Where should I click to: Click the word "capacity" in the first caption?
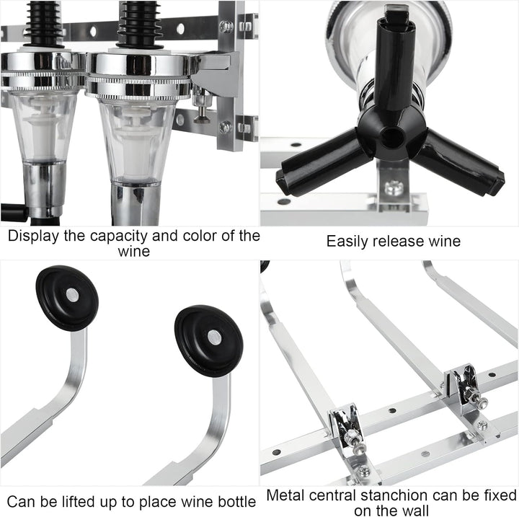(x=119, y=237)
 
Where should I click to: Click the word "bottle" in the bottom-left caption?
(x=236, y=501)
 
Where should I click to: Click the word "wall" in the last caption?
(x=417, y=511)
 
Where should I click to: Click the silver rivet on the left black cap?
(x=72, y=294)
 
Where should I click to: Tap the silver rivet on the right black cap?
(x=215, y=337)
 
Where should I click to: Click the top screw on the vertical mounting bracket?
(x=226, y=27)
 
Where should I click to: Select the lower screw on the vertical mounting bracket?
(x=226, y=127)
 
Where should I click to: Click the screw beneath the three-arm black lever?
(x=394, y=188)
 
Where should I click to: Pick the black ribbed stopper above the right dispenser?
(x=140, y=25)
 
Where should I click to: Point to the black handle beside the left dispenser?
(x=14, y=212)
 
